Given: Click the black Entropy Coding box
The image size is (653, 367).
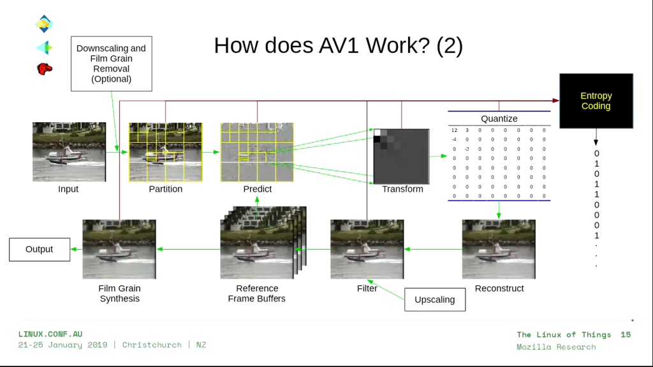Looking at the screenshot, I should pos(596,101).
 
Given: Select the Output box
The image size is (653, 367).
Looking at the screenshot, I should pos(39,249).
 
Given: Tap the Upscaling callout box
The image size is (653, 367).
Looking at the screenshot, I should pos(435,299).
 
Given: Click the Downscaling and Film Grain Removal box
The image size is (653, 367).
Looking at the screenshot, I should pos(111,63).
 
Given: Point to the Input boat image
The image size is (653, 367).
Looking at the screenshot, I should pos(69,152).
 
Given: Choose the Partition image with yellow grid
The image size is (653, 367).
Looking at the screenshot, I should pos(166,152).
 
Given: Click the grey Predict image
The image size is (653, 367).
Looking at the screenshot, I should pos(257,152).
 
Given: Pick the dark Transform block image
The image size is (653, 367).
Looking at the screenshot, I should pos(402,156).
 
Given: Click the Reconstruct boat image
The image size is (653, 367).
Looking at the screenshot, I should pos(499,249).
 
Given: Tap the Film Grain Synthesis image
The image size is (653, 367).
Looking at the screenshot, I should pos(119,249).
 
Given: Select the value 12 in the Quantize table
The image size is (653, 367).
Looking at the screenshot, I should pos(454,130).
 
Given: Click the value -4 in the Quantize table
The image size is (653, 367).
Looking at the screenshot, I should pos(454,140).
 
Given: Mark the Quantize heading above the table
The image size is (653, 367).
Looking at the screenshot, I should pos(499,119).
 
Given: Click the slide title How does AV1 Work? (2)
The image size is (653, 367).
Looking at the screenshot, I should pos(338,45).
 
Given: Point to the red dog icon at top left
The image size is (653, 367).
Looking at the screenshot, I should pos(45,68).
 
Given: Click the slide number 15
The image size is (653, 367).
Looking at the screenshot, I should pos(626,335).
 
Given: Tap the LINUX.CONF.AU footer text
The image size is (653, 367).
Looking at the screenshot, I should pos(50,334).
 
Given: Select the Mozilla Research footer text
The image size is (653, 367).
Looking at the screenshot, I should pos(556,347).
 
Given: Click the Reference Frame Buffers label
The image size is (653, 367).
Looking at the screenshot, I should pos(257,293).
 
